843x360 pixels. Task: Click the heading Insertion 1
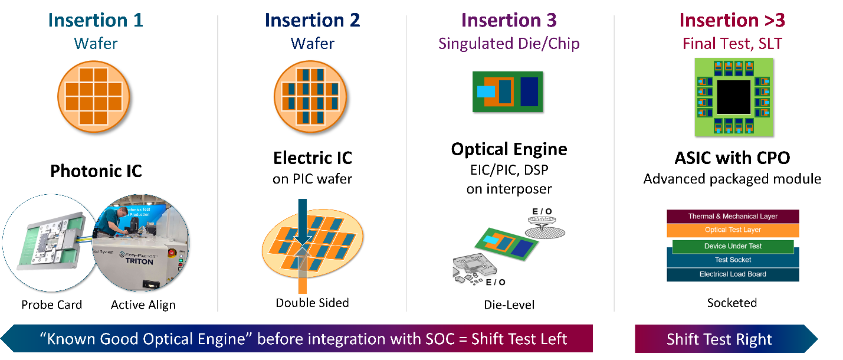tap(95, 21)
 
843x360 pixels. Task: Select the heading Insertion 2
tap(312, 21)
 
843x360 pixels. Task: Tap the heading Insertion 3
tap(509, 21)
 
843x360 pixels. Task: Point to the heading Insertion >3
tap(732, 21)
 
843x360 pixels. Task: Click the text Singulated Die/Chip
tap(509, 44)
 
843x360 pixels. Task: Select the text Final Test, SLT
tap(732, 44)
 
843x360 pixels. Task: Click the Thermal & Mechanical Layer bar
tap(733, 216)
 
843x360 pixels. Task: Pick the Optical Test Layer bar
tap(733, 230)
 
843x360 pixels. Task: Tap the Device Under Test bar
tap(733, 246)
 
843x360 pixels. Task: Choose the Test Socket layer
tap(733, 260)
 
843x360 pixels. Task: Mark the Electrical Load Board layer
tap(733, 274)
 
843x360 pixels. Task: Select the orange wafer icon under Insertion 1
tap(94, 96)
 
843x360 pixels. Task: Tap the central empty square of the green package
tap(733, 97)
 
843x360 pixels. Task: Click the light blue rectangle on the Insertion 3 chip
tap(486, 91)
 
